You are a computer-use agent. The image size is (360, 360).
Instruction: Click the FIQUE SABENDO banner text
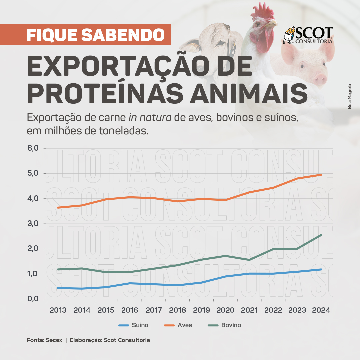point(95,35)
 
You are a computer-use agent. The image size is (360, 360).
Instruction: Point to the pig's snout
point(320,79)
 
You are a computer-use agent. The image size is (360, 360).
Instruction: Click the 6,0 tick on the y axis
point(33,148)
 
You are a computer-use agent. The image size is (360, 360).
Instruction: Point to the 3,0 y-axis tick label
point(33,224)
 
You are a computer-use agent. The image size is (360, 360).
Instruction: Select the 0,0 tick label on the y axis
point(33,299)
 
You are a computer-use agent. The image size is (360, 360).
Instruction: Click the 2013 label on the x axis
point(58,310)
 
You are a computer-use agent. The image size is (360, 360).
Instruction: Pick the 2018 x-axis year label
point(178,310)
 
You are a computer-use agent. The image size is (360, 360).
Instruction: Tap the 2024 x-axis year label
point(321,310)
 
